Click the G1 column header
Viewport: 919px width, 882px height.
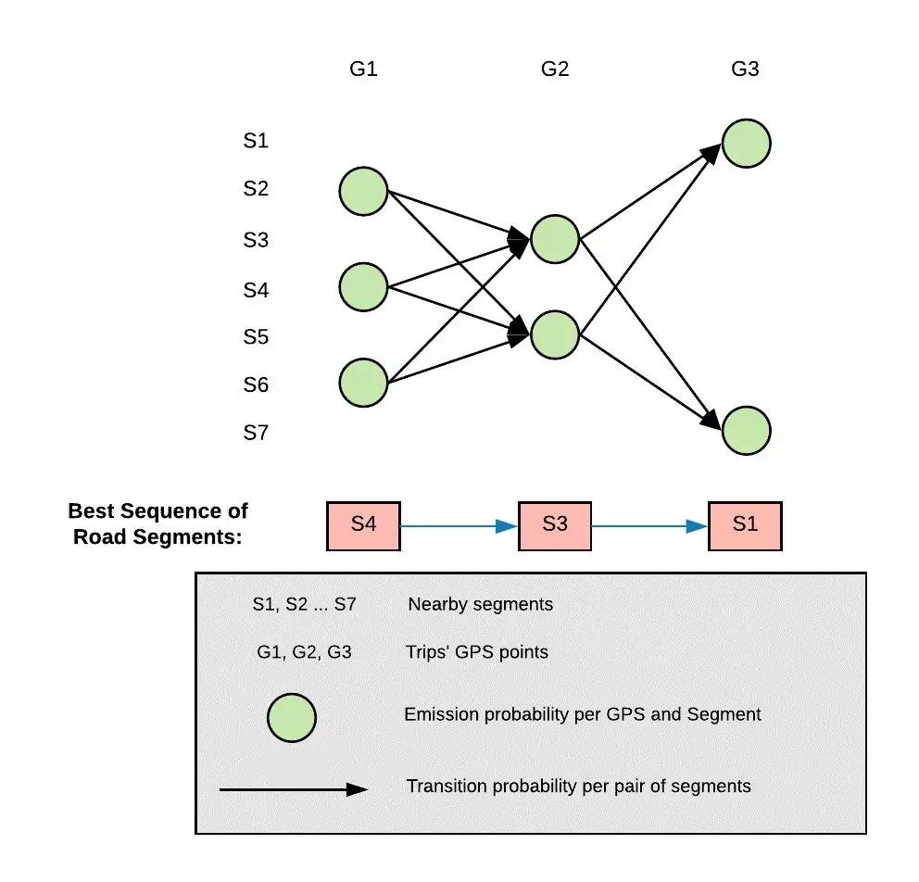363,69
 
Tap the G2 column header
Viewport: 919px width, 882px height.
554,69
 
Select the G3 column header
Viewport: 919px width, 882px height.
745,69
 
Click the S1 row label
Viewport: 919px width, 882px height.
256,141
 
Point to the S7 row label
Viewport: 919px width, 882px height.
256,432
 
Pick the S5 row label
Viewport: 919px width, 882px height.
256,336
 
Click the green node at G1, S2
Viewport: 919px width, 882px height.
363,191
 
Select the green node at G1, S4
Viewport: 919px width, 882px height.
363,286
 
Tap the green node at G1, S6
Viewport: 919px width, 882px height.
363,383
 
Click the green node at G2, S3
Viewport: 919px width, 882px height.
555,239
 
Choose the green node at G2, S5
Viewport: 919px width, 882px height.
555,334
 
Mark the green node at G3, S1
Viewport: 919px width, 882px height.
746,144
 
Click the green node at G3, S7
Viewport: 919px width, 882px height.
746,431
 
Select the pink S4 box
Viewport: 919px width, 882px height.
363,525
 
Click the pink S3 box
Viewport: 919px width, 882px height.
554,525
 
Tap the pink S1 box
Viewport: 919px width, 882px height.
745,525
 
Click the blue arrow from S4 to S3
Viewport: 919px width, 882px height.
459,526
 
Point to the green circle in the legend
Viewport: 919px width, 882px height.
292,719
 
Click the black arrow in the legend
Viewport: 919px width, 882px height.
293,789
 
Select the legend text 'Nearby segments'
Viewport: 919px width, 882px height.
480,604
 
